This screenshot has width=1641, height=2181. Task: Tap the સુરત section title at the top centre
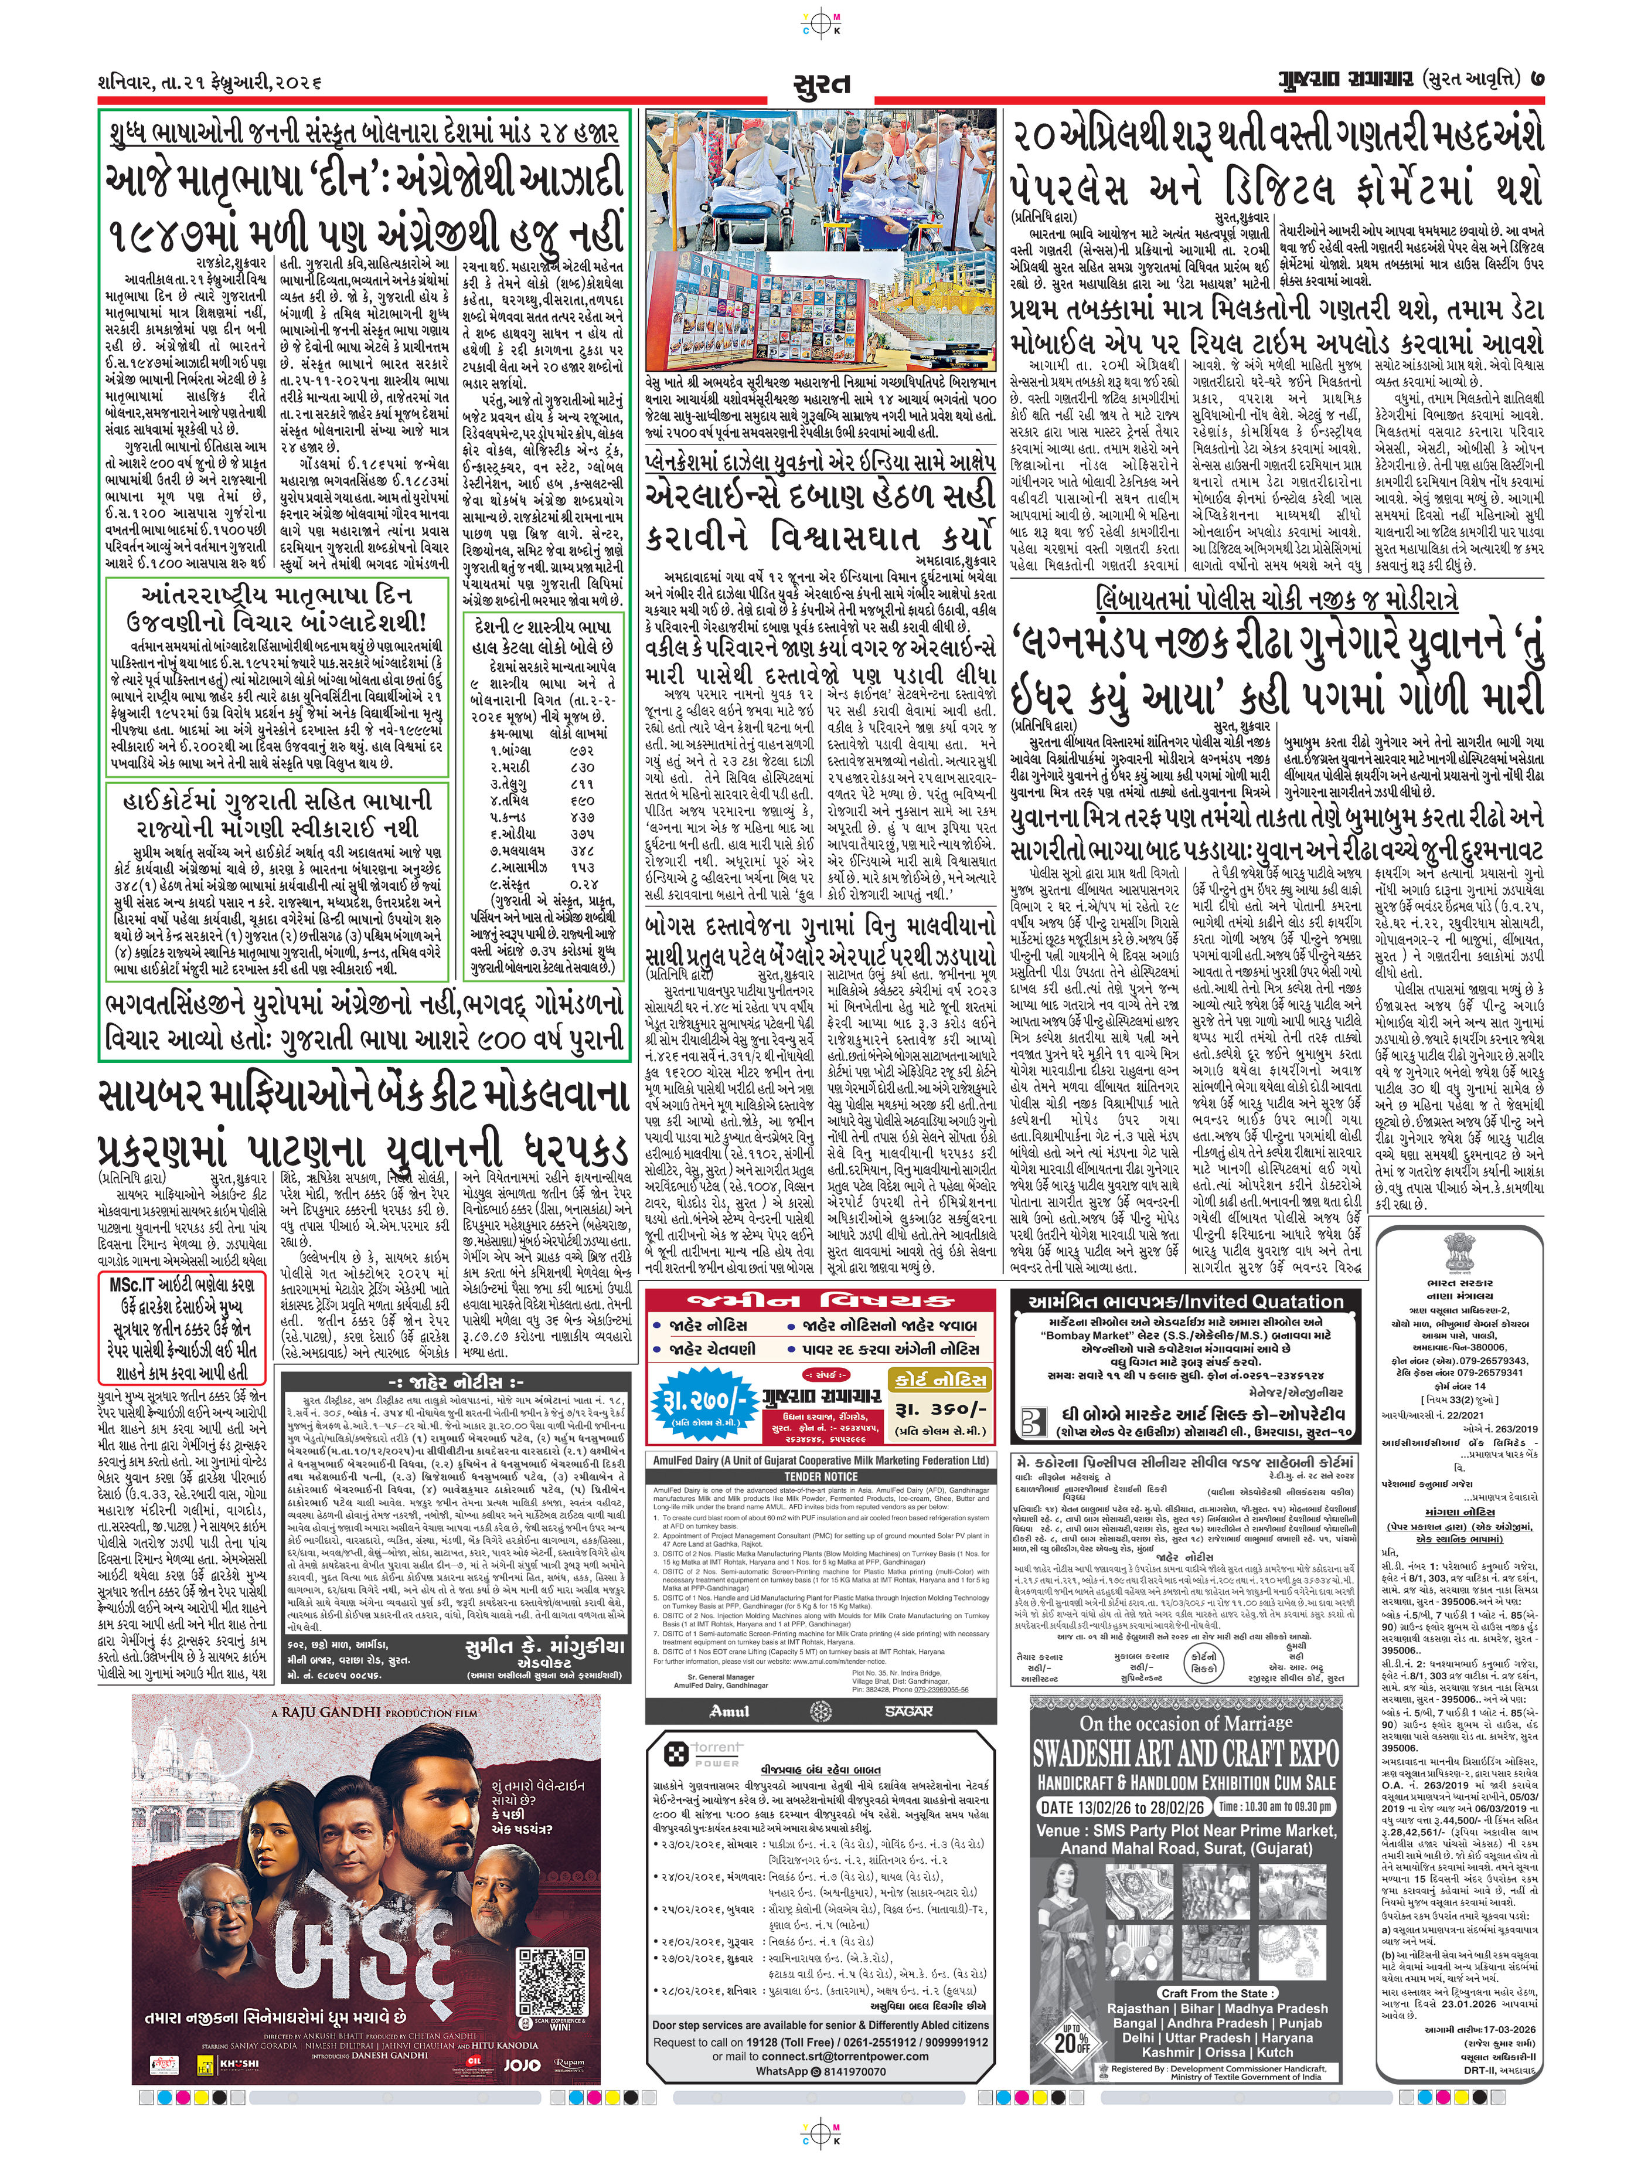(820, 82)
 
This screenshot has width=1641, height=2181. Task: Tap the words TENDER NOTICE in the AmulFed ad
(820, 1476)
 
